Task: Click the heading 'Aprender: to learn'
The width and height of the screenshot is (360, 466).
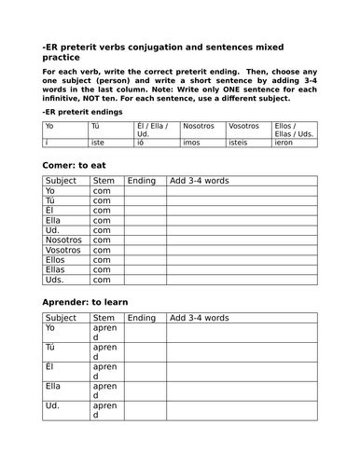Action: click(x=86, y=303)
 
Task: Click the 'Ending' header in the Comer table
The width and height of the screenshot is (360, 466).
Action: click(x=142, y=180)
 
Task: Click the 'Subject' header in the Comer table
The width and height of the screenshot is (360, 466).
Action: click(x=62, y=180)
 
